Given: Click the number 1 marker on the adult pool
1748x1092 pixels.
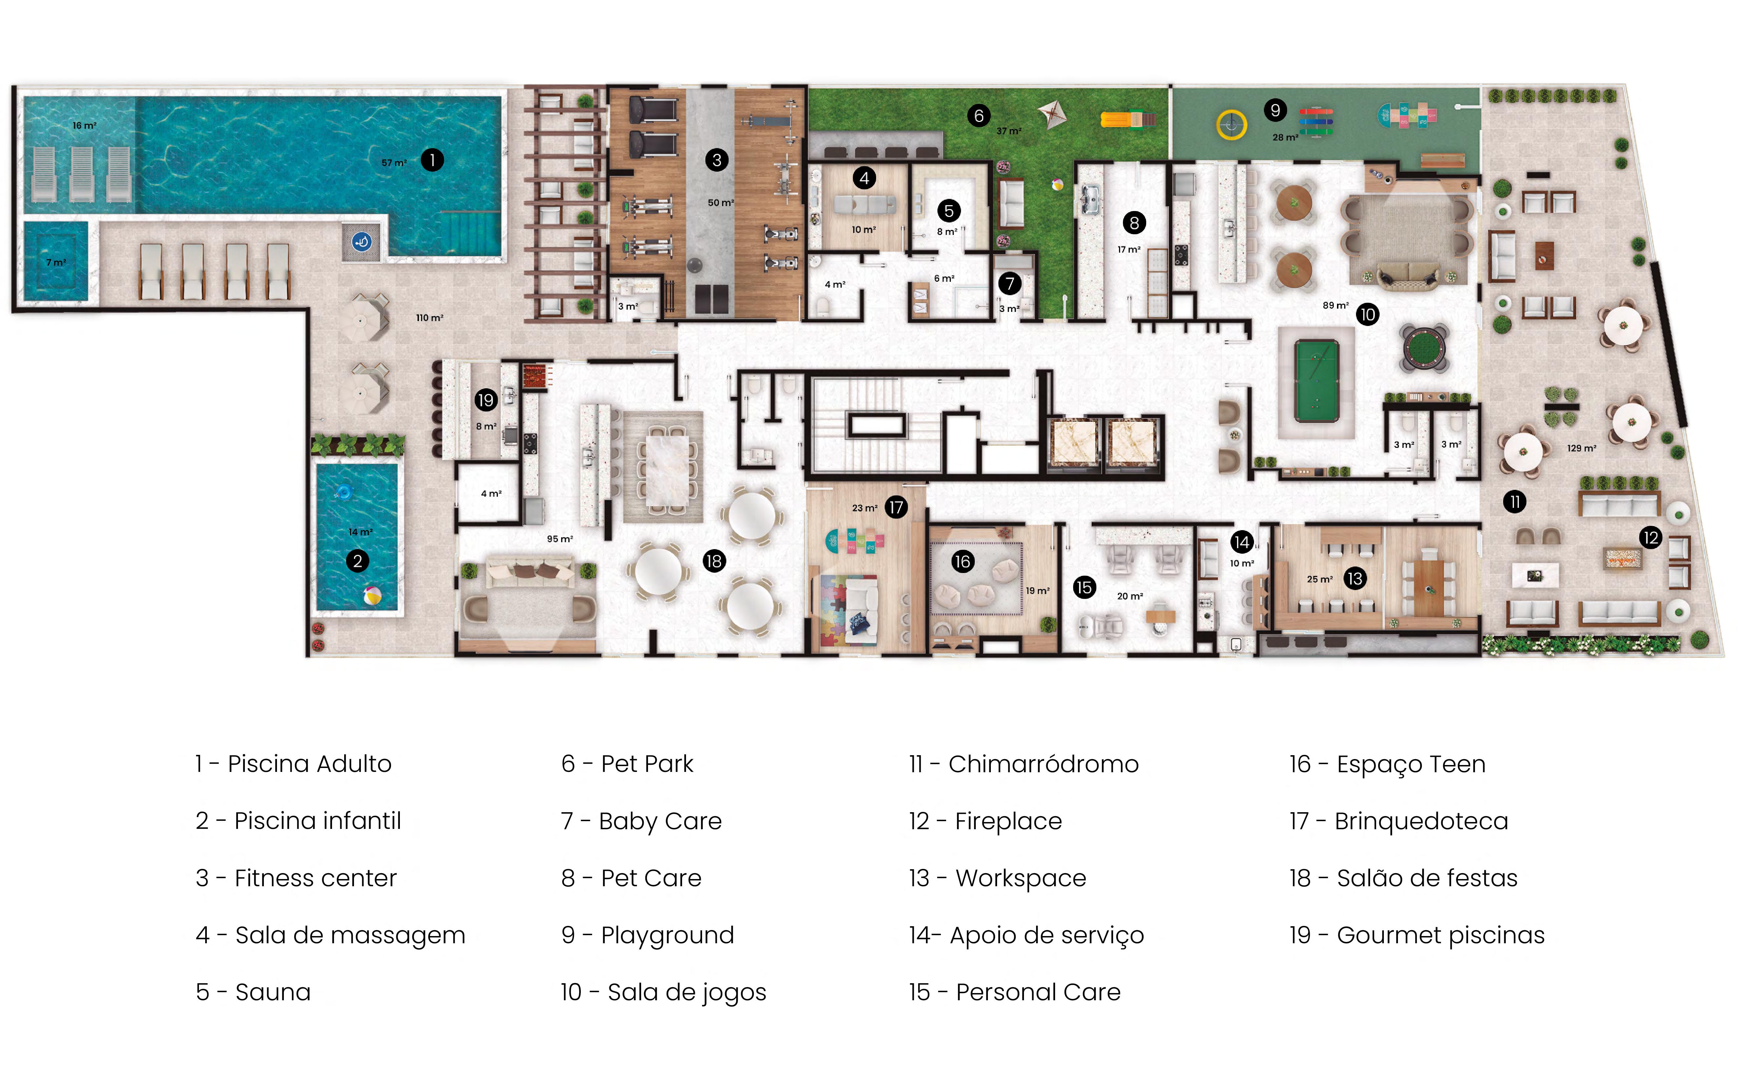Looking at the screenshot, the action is (432, 160).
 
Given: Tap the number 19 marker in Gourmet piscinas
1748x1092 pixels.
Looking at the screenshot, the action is (485, 399).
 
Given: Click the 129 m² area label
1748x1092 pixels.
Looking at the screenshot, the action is (1581, 449).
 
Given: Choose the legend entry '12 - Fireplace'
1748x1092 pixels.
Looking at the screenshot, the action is (985, 821).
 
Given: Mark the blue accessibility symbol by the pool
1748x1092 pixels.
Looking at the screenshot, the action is (362, 241).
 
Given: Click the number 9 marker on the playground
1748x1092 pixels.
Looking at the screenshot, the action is (1275, 110).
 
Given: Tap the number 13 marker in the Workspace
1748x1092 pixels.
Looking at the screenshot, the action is (1354, 579).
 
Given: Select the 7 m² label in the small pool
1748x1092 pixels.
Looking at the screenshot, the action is (56, 262).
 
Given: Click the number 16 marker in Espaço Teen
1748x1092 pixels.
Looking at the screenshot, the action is (962, 561).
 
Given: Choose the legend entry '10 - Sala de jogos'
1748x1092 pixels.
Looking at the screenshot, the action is (663, 992).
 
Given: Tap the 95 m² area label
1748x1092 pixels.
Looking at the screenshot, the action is (560, 539).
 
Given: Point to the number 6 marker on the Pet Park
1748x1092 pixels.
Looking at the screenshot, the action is (979, 116).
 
